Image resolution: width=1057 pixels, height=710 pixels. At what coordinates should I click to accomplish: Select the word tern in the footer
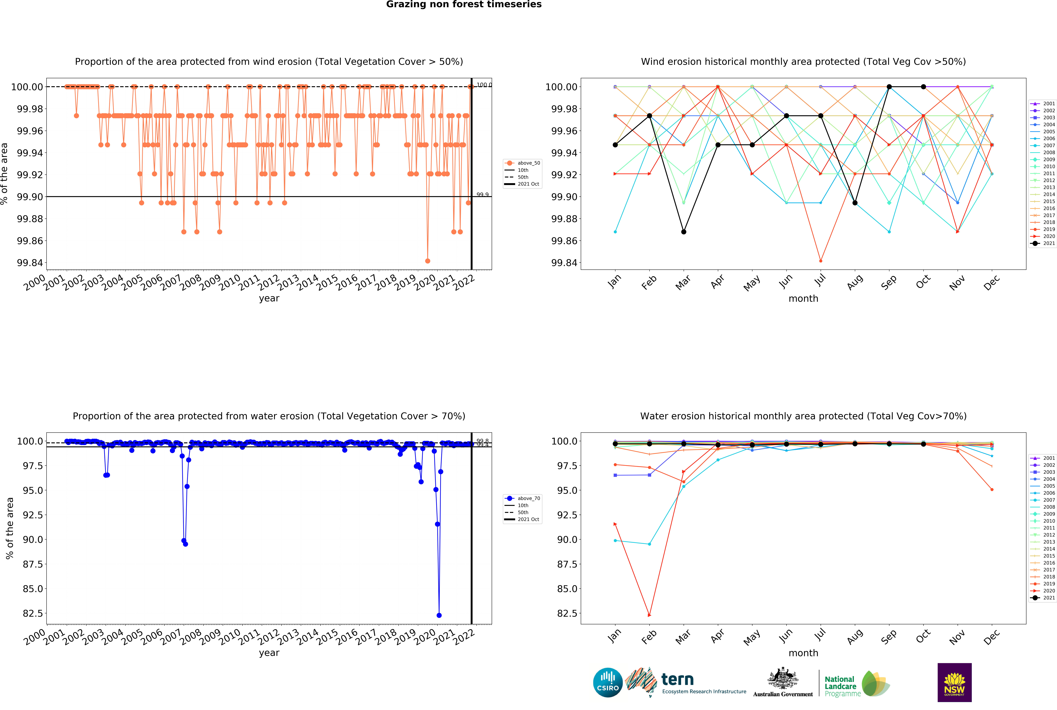coord(677,679)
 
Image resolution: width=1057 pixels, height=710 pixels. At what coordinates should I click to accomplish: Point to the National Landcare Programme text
coord(842,686)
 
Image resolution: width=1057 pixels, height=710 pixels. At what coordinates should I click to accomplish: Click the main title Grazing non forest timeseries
coord(463,5)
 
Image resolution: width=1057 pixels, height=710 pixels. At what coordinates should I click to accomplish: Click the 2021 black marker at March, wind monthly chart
coord(684,232)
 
